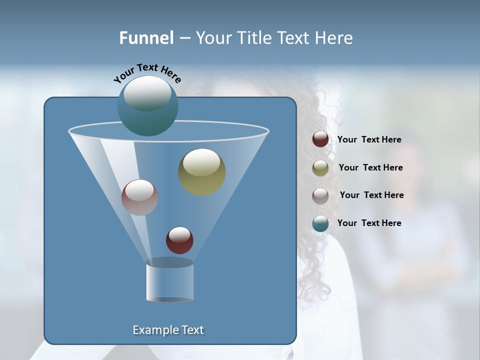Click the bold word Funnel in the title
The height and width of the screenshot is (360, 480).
[146, 38]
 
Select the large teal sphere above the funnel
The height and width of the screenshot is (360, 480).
[147, 106]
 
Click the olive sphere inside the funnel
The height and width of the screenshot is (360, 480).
[201, 172]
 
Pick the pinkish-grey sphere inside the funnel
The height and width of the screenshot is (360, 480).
[139, 197]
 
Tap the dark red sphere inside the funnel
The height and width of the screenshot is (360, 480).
[179, 240]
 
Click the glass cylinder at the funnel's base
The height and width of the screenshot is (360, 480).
[169, 280]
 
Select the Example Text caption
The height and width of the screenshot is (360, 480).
[168, 330]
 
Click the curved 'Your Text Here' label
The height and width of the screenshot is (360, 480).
[147, 73]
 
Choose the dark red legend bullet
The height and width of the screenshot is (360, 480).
[320, 139]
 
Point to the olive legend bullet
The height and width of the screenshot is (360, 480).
[320, 167]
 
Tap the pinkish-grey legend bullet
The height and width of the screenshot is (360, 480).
[320, 195]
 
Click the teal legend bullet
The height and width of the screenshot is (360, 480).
[320, 223]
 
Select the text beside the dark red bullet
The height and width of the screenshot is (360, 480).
[369, 140]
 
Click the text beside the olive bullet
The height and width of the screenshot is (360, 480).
[370, 167]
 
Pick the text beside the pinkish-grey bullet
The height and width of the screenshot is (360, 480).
[371, 195]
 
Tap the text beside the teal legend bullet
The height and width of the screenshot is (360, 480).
[369, 223]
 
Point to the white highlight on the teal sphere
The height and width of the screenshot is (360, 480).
[147, 93]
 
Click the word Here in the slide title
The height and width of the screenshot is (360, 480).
[334, 38]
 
